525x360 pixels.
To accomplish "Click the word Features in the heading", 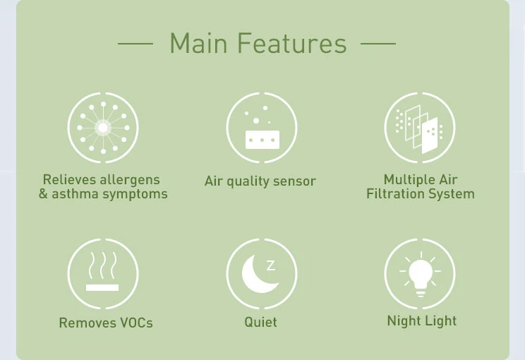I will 291,44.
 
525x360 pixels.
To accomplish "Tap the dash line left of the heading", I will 135,44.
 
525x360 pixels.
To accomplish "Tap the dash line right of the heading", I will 378,44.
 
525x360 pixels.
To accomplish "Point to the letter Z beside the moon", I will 271,265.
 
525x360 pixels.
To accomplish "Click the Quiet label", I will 260,323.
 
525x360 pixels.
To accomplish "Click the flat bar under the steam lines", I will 102,287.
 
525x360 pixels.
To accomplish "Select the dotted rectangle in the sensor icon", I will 262,140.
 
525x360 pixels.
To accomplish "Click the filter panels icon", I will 420,128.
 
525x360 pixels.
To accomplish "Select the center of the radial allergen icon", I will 103,128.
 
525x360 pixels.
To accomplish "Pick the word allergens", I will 129,180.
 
